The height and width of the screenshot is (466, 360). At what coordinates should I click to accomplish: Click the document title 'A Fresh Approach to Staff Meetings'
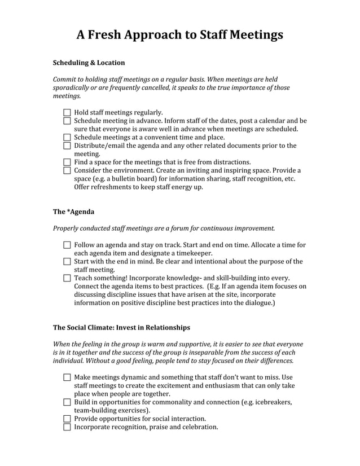[x=179, y=35]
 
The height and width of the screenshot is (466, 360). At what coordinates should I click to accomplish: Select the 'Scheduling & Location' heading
[x=89, y=63]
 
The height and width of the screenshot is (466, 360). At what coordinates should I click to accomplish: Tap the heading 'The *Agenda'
[x=73, y=212]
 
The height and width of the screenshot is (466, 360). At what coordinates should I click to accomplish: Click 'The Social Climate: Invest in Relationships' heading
[x=121, y=327]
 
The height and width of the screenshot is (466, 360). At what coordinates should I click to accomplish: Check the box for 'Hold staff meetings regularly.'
[x=67, y=113]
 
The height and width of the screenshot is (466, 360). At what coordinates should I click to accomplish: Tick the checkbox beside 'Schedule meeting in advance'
[x=67, y=121]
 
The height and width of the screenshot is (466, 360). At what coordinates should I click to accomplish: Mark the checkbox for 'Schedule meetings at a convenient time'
[x=67, y=137]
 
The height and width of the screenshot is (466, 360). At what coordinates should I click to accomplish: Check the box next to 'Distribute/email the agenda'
[x=67, y=146]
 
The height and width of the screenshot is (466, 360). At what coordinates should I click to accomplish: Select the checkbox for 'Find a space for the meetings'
[x=67, y=162]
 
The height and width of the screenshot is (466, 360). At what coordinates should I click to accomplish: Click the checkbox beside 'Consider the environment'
[x=67, y=170]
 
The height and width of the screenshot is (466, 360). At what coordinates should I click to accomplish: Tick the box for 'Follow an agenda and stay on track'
[x=67, y=245]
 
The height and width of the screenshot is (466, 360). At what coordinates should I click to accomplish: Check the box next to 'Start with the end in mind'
[x=67, y=262]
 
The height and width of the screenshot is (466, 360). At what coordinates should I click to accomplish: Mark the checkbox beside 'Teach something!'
[x=67, y=278]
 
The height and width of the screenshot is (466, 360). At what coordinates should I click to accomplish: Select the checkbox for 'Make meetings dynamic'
[x=67, y=377]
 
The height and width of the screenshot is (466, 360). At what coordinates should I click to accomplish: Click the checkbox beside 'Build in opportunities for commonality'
[x=67, y=402]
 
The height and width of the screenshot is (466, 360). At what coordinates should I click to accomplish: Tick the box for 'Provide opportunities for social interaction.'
[x=67, y=419]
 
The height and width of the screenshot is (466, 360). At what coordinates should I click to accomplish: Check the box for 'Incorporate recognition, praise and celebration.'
[x=67, y=427]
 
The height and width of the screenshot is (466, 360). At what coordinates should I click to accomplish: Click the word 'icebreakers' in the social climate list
[x=271, y=402]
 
